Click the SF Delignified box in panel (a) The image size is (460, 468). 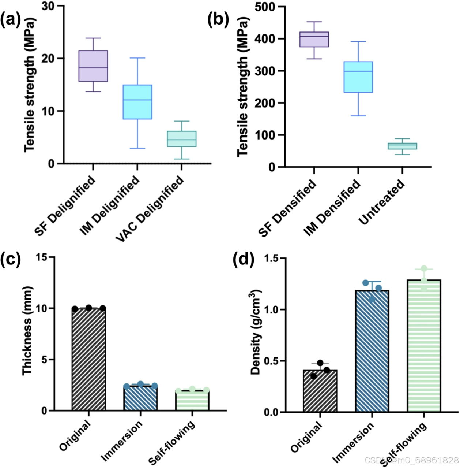[x=93, y=66]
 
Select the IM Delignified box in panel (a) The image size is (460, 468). [x=137, y=102]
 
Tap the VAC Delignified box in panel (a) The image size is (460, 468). [x=181, y=139]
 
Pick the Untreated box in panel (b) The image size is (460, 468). [x=402, y=146]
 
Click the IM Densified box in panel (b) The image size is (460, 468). [x=358, y=77]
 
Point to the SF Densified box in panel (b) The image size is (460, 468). [x=314, y=40]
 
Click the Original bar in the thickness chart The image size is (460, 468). [x=89, y=359]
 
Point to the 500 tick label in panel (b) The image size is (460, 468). [x=266, y=7]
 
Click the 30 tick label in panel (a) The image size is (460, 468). [x=49, y=6]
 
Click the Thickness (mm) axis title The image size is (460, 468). [x=28, y=331]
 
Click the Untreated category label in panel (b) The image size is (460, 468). [x=382, y=203]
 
